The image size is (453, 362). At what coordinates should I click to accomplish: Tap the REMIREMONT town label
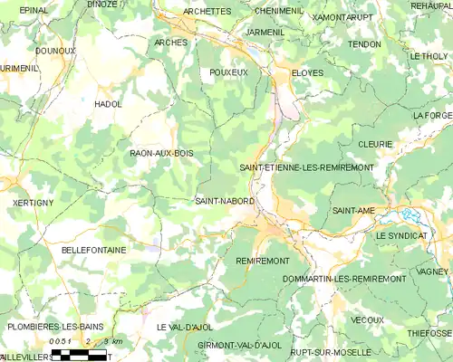[x=262, y=261]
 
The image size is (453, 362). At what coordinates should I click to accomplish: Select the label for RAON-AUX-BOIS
[x=161, y=154]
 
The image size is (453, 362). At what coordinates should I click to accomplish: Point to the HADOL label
[x=108, y=105]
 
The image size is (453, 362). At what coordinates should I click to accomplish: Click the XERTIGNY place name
[x=34, y=203]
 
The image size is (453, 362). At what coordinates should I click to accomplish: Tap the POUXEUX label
[x=228, y=72]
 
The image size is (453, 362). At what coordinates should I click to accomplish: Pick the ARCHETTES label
[x=207, y=12]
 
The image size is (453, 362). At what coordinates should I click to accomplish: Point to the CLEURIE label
[x=375, y=144]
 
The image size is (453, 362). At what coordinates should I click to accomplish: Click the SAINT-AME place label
[x=353, y=211]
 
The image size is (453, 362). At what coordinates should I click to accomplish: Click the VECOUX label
[x=367, y=319]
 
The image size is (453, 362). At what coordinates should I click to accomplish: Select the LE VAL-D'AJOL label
[x=186, y=327]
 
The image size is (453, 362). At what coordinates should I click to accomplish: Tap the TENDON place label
[x=363, y=43]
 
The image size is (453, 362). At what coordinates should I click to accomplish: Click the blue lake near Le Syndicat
[x=409, y=216]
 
